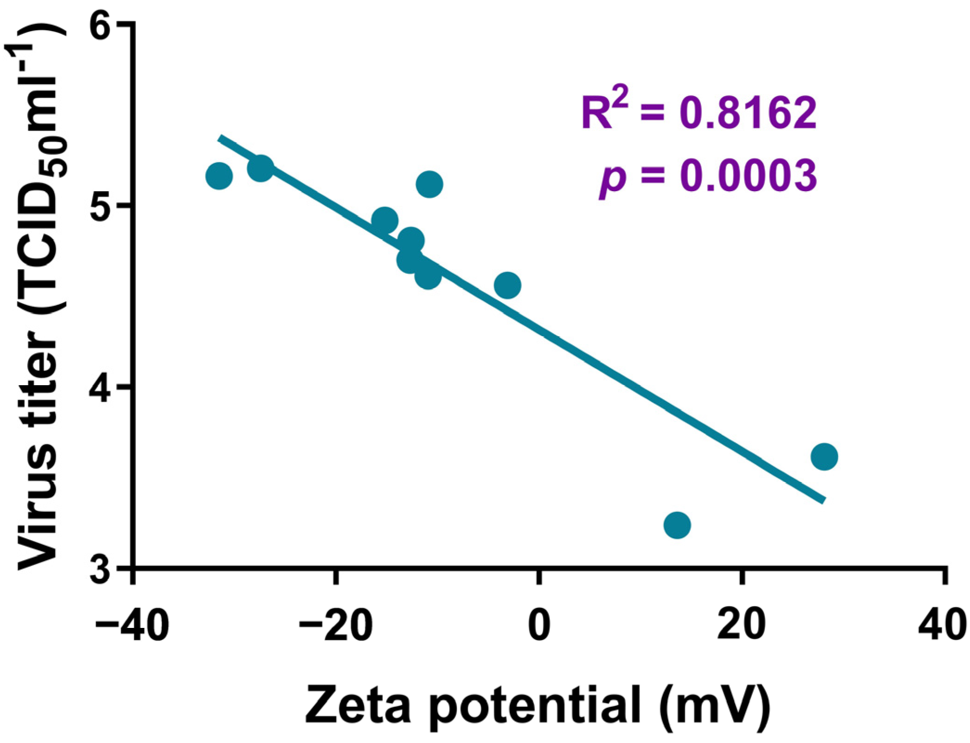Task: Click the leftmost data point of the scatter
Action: pyautogui.click(x=218, y=176)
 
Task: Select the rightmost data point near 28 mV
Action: pyautogui.click(x=824, y=457)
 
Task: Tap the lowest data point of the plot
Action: pyautogui.click(x=677, y=525)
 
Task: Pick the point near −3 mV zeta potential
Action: pyautogui.click(x=507, y=285)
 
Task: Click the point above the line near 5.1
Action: pyautogui.click(x=430, y=184)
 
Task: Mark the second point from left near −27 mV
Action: pyautogui.click(x=260, y=168)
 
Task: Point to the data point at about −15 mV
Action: pyautogui.click(x=385, y=220)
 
